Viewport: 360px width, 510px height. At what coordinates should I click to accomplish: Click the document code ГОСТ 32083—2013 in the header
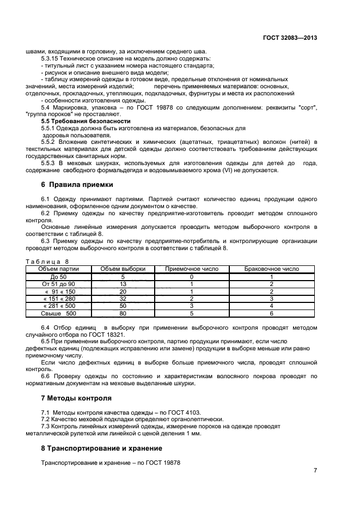point(290,38)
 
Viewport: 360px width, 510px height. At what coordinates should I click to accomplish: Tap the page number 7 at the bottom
point(315,470)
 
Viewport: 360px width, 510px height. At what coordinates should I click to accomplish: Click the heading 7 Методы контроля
point(76,398)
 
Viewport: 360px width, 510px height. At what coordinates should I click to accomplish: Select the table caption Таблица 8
point(47,262)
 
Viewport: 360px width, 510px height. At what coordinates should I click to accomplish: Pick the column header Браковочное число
point(271,269)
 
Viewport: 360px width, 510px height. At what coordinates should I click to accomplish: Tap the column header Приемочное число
point(192,269)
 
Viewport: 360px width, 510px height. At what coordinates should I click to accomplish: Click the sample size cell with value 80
point(123,314)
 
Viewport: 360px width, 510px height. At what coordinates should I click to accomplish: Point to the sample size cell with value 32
point(123,299)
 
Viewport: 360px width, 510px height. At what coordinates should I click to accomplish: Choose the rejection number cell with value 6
point(271,314)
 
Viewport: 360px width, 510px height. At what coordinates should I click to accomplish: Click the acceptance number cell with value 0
point(192,277)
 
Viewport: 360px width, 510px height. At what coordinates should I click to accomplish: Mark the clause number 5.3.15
point(51,58)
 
